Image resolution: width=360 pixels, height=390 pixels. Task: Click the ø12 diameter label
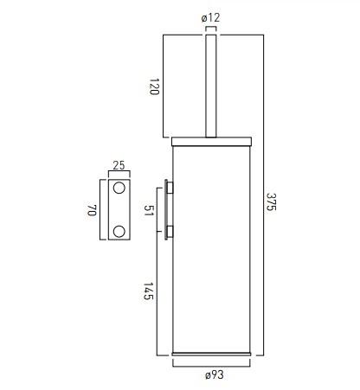pyautogui.click(x=210, y=18)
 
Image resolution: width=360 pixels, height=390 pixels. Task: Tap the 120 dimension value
pyautogui.click(x=154, y=86)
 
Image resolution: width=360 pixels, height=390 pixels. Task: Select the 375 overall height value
pyautogui.click(x=271, y=201)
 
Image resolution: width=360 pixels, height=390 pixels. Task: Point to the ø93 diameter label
pyautogui.click(x=215, y=375)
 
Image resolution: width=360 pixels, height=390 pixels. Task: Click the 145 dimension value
pyautogui.click(x=148, y=291)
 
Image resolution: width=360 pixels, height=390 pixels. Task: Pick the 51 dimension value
pyautogui.click(x=149, y=211)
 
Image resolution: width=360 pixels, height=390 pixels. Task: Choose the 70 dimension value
pyautogui.click(x=92, y=210)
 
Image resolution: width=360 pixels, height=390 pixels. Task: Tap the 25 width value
pyautogui.click(x=119, y=165)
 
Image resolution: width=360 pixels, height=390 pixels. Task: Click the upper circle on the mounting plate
pyautogui.click(x=119, y=188)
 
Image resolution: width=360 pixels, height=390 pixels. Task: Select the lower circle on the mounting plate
pyautogui.click(x=119, y=232)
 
